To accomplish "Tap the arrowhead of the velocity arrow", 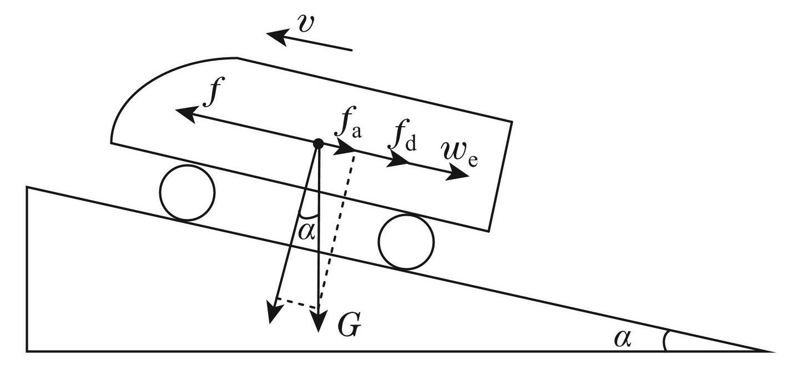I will point(276,36).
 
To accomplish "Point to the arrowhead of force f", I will point(184,113).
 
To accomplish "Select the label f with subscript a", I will point(347,128).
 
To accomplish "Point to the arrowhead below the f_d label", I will point(401,161).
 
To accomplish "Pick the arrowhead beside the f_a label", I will point(347,149).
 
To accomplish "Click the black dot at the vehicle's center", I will point(318,144).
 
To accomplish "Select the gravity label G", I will point(350,327).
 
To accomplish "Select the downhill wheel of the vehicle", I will point(406,242).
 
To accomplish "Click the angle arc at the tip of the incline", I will point(665,340).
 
